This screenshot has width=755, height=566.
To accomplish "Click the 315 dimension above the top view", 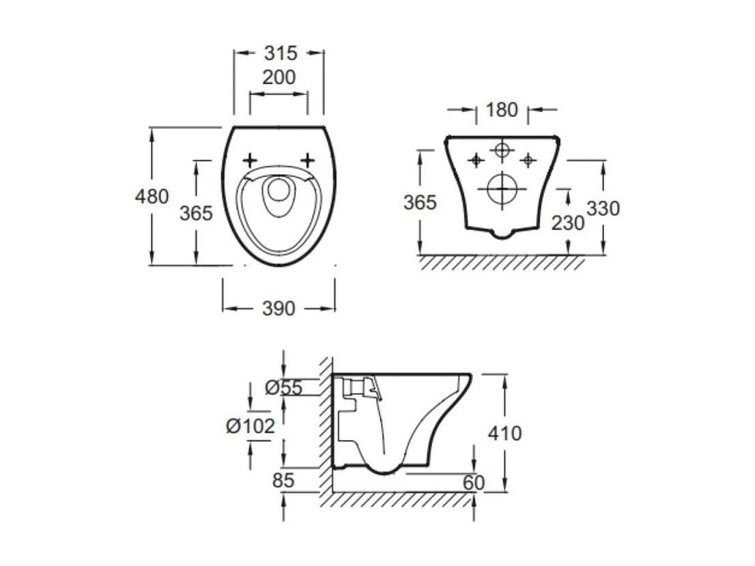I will pyautogui.click(x=280, y=53).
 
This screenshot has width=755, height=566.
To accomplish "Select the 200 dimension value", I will pyautogui.click(x=279, y=78).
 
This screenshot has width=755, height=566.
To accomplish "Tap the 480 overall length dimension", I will pyautogui.click(x=152, y=197).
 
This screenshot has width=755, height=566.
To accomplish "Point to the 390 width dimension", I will pyautogui.click(x=279, y=309).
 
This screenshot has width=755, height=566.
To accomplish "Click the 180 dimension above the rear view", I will pyautogui.click(x=502, y=109).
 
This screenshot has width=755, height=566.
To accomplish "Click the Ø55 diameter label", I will pyautogui.click(x=283, y=387).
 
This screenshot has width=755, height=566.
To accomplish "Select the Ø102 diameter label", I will pyautogui.click(x=251, y=426).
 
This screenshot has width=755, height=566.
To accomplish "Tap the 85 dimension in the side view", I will pyautogui.click(x=282, y=480).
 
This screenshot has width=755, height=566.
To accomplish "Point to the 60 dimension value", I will pyautogui.click(x=472, y=482).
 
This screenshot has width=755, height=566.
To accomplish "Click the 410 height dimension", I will pyautogui.click(x=505, y=433).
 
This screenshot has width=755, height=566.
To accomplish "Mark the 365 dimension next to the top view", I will pyautogui.click(x=196, y=213).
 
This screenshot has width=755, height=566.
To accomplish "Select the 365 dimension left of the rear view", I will pyautogui.click(x=419, y=203).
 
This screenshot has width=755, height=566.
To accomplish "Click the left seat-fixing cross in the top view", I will pyautogui.click(x=250, y=160).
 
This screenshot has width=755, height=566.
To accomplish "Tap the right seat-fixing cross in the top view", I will pyautogui.click(x=308, y=160).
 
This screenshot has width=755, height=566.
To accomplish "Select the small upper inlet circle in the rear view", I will pyautogui.click(x=502, y=150).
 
